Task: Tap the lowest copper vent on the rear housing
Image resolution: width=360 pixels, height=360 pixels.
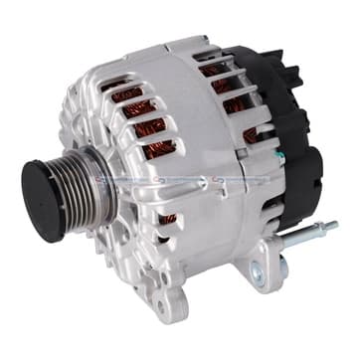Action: (255, 134)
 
